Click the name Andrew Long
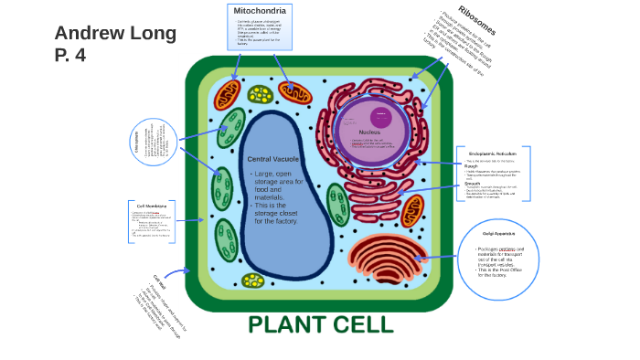115,34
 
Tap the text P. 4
69,56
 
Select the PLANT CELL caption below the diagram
320,324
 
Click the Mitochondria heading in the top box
260,11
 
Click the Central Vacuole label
272,159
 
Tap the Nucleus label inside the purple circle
369,132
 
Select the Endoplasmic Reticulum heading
492,154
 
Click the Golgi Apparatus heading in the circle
499,234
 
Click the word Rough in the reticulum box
471,165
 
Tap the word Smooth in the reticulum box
473,183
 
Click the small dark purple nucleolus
381,118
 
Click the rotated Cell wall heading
158,281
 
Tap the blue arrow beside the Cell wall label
176,271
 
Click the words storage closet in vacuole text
276,213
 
